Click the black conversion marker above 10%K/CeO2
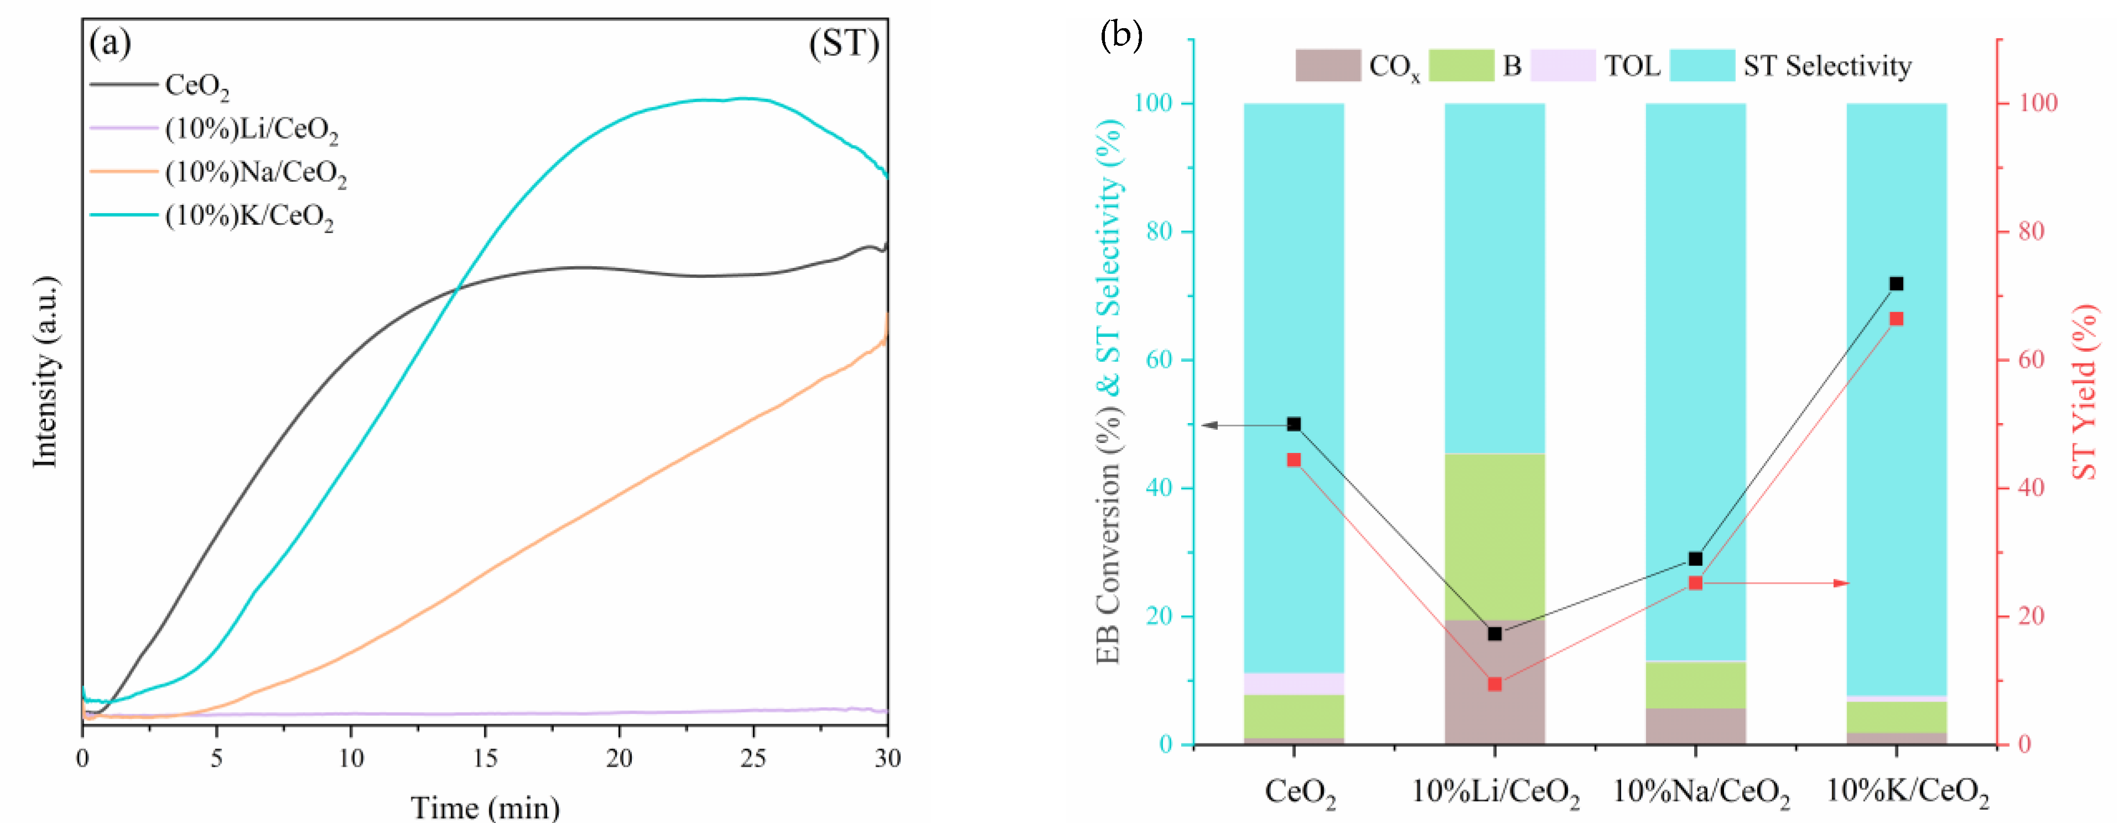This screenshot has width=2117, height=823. (x=1896, y=283)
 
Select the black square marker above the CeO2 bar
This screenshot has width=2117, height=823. (x=1293, y=424)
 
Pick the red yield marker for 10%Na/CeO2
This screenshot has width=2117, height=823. (x=1695, y=583)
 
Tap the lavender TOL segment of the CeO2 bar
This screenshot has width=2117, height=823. (x=1293, y=683)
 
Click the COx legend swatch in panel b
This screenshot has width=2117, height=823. (x=1327, y=66)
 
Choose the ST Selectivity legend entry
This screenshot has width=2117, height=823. (x=1826, y=66)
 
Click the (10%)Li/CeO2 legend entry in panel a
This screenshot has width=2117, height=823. (x=250, y=129)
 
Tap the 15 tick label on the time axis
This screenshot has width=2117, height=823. (x=485, y=757)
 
